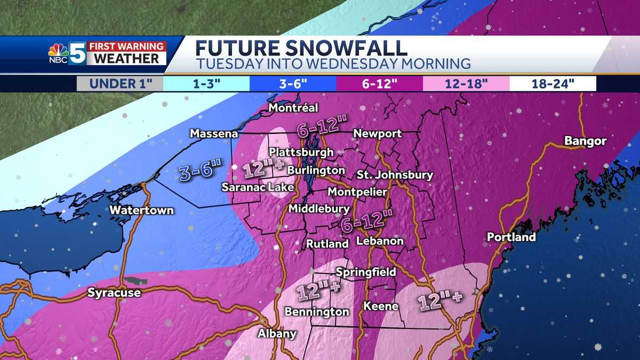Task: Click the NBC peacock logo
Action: coord(58,52)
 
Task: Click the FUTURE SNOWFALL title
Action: coord(301,47)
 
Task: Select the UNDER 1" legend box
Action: coord(119,84)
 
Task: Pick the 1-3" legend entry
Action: coord(206,84)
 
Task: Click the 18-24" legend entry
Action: coord(553,84)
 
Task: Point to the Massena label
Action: coord(214,134)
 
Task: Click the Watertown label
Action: coord(141,210)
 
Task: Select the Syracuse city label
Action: coord(114,293)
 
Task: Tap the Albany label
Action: coord(277,334)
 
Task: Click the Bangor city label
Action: coord(586,141)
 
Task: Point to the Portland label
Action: coord(511,237)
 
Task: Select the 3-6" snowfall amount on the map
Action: coord(199,172)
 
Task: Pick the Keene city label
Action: coord(380,306)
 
